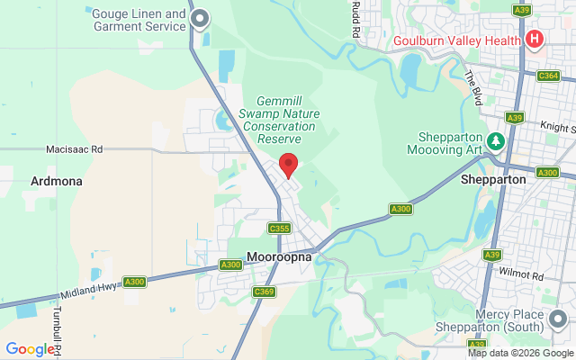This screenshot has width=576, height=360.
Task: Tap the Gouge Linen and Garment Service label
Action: point(139,21)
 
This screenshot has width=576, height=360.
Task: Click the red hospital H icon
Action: point(534,40)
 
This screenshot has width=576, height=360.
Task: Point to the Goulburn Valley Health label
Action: point(456,40)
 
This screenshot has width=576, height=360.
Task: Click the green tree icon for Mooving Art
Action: point(495,141)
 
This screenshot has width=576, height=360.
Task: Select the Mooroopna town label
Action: point(278,256)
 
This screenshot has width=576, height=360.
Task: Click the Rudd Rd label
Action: point(356,19)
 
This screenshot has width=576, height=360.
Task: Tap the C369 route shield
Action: point(264,291)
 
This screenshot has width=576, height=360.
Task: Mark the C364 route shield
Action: point(548,76)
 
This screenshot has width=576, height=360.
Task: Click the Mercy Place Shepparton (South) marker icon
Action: point(559,318)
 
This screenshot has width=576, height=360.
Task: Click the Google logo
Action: point(30,349)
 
